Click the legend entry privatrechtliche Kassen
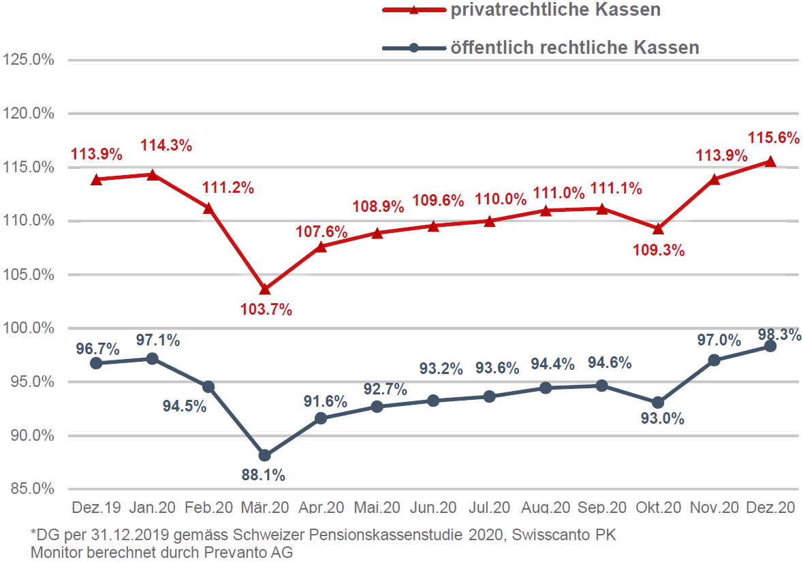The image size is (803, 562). (556, 10)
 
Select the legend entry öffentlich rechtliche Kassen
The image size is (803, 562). (574, 48)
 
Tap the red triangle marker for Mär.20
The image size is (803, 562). (265, 290)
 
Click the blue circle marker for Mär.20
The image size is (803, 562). (265, 455)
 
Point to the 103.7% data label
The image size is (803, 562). (266, 310)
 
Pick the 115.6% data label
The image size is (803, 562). (773, 138)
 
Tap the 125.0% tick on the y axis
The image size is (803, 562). (29, 59)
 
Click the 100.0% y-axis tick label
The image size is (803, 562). (29, 328)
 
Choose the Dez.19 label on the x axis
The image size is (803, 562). (97, 508)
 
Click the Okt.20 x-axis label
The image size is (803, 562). (658, 508)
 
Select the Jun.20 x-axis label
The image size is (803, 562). (433, 508)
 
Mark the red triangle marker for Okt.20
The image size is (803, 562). (658, 228)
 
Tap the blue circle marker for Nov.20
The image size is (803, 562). (714, 360)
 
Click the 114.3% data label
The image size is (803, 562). (166, 145)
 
